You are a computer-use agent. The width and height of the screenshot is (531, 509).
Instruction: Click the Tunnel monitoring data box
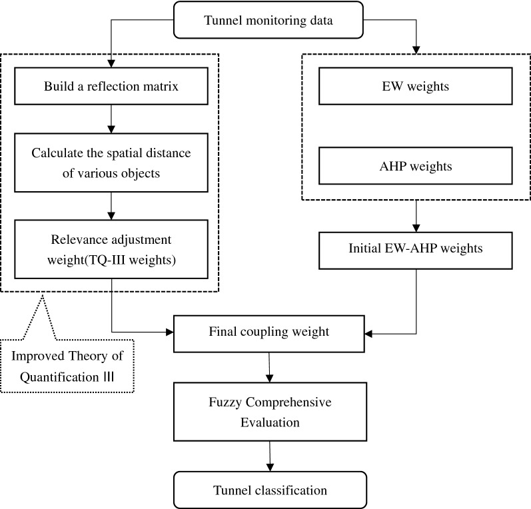coord(269,20)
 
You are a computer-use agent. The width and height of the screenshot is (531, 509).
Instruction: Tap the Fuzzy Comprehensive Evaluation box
coord(269,413)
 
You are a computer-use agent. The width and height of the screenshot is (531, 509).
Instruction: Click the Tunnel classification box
coord(269,490)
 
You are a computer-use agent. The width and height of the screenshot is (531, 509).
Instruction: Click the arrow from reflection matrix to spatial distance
coord(111,119)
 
